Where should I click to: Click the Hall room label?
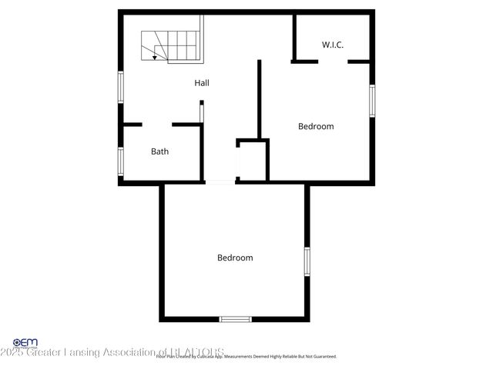[202, 83]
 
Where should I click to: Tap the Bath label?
[159, 151]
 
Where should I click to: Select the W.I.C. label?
[333, 45]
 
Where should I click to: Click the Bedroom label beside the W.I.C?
[316, 126]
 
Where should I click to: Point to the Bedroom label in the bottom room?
[235, 258]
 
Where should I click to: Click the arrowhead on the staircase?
[155, 57]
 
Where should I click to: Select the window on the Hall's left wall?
[120, 86]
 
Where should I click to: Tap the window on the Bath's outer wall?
[120, 161]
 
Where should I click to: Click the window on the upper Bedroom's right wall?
[372, 100]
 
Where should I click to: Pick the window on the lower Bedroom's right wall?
[307, 261]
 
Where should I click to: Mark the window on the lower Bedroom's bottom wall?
[235, 319]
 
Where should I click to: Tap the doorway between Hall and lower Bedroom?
[220, 182]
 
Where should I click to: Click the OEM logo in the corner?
[25, 342]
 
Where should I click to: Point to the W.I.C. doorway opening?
[333, 61]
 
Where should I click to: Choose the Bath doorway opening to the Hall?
[157, 125]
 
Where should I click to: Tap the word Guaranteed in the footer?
[322, 357]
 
